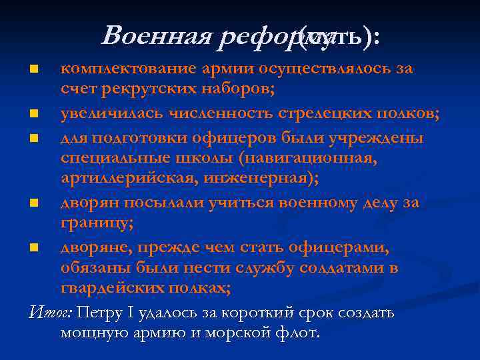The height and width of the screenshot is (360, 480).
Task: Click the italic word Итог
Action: click(51, 313)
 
